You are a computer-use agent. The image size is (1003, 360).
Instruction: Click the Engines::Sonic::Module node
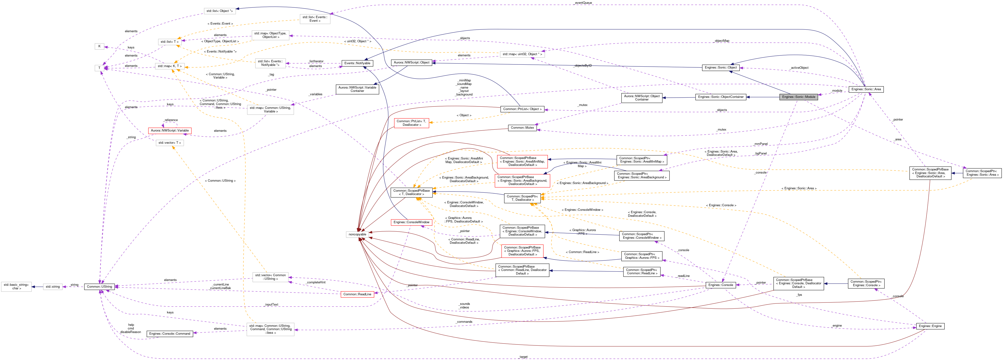tap(798, 97)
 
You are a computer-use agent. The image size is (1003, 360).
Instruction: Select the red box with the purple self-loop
tap(169, 131)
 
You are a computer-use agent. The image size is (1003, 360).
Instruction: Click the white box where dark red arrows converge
tap(357, 234)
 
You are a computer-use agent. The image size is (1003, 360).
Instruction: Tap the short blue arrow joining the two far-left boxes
tap(37, 287)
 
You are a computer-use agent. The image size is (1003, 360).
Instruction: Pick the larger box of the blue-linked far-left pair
tap(16, 287)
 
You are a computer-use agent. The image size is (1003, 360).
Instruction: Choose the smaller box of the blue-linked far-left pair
tap(53, 287)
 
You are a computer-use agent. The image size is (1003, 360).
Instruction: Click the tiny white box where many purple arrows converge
tap(99, 68)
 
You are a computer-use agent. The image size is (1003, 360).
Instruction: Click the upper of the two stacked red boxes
tap(522, 162)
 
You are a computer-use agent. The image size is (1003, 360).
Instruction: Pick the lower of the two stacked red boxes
tap(522, 181)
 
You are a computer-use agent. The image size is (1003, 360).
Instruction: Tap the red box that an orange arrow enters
tap(411, 123)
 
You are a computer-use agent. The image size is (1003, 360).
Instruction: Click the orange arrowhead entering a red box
tap(431, 123)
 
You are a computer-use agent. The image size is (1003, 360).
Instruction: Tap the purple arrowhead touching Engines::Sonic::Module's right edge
tap(820, 95)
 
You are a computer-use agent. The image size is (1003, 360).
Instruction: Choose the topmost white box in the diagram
tap(220, 11)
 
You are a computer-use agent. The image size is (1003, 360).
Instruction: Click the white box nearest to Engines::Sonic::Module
tap(522, 54)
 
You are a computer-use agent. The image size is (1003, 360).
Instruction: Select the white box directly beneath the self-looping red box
tap(169, 143)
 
